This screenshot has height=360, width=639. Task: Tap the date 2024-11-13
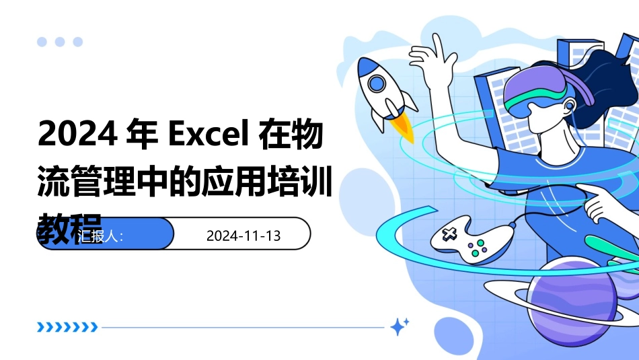243,236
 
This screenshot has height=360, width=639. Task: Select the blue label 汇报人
101,236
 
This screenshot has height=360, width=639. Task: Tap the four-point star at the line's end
400,327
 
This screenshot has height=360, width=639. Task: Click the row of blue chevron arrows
67,328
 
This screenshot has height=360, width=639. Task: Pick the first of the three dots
42,42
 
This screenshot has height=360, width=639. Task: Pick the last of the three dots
78,42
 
